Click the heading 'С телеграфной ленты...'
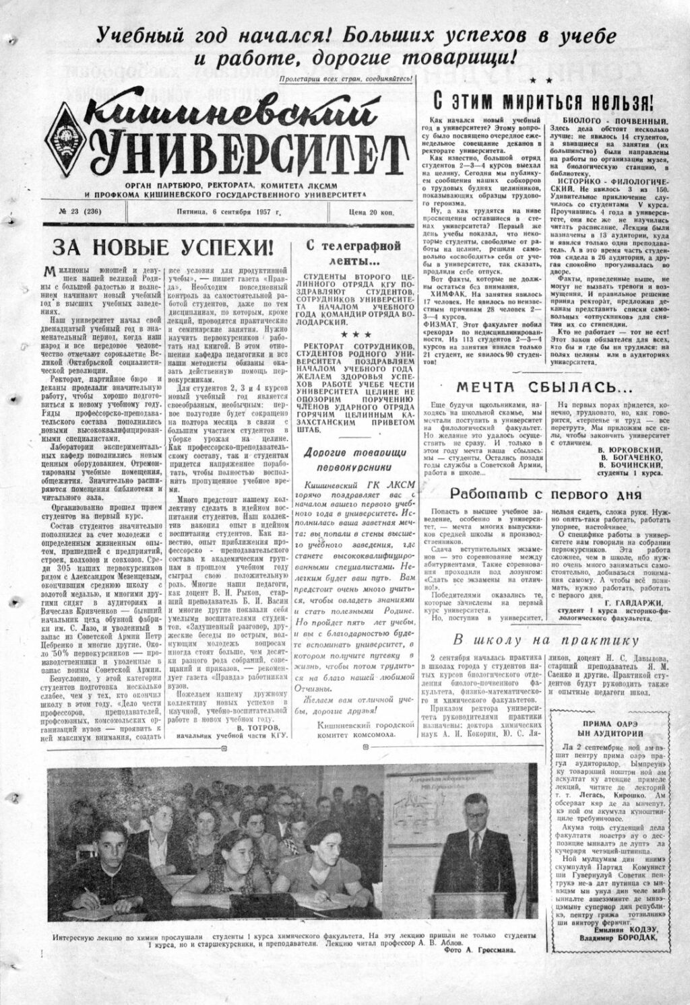click(352, 252)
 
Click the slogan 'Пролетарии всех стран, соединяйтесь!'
click(346, 79)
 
